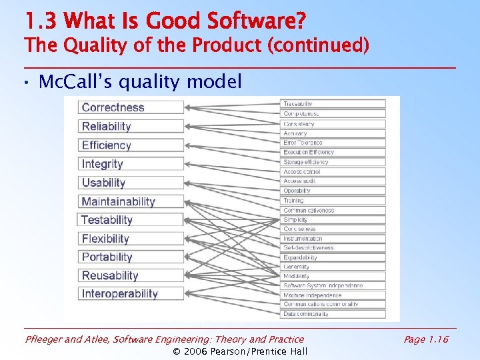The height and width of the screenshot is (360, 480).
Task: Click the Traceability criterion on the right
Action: [333, 104]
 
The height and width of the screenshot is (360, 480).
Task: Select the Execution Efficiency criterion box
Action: [333, 152]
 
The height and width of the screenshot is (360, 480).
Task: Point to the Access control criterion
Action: [333, 171]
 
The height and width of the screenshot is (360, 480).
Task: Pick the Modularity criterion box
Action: [333, 276]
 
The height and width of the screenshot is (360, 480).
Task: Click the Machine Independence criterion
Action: [333, 295]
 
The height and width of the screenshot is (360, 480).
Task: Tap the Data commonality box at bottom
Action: [333, 314]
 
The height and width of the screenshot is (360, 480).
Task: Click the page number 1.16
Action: [426, 340]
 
